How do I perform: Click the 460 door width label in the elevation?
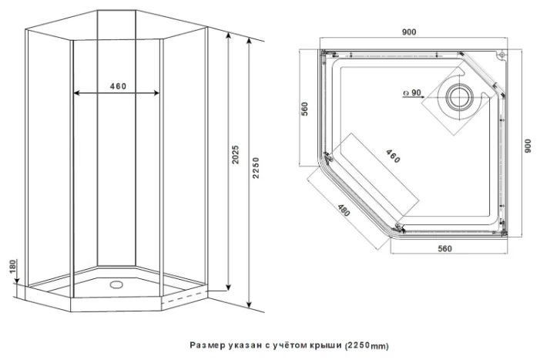pos(118,86)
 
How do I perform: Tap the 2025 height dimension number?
pos(235,154)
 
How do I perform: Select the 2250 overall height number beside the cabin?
pos(256,168)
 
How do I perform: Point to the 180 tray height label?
pos(12,267)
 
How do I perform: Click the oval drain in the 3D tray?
pos(116,284)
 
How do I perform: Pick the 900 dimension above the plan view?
pos(409,32)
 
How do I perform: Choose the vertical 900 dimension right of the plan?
pos(528,146)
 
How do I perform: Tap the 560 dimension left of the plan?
pos(305,109)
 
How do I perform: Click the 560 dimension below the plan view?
pos(444,248)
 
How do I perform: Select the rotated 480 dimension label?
pos(344,210)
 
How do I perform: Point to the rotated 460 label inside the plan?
pos(393,156)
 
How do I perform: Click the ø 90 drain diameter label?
pos(412,93)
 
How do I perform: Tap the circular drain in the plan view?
pos(459,96)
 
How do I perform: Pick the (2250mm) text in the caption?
pos(367,345)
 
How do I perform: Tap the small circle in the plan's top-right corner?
pos(502,55)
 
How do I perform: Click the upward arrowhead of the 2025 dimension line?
pos(228,35)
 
